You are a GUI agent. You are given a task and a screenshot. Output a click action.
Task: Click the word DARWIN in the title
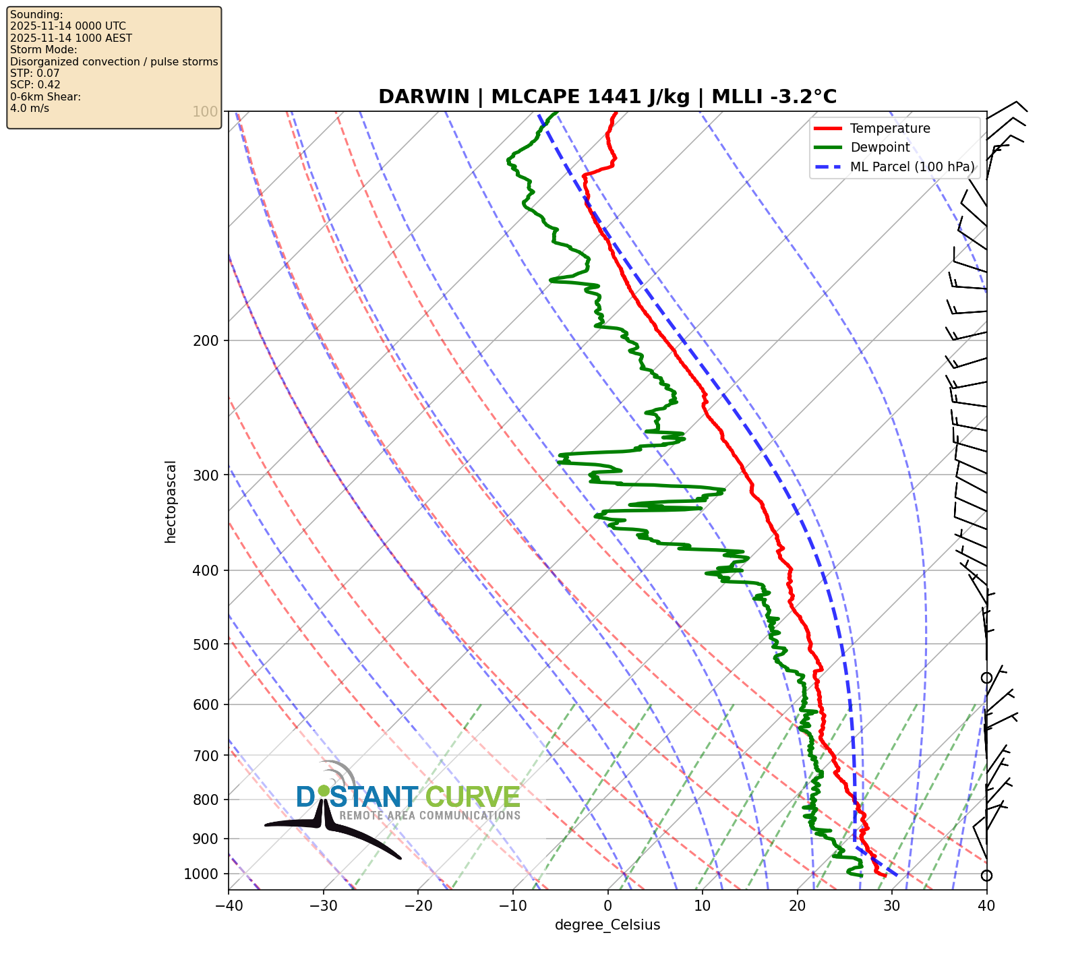pyautogui.click(x=423, y=97)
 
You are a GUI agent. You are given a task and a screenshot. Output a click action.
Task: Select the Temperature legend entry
pyautogui.click(x=890, y=129)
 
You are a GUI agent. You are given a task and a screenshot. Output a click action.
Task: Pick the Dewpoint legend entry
pyautogui.click(x=880, y=148)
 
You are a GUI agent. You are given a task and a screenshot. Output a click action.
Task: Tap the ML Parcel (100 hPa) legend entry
pyautogui.click(x=912, y=167)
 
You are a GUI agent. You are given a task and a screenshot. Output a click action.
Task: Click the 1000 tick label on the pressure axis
pyautogui.click(x=201, y=874)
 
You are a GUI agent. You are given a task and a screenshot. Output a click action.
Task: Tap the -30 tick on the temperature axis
pyautogui.click(x=323, y=905)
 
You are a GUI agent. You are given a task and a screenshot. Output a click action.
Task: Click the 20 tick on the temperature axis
pyautogui.click(x=797, y=905)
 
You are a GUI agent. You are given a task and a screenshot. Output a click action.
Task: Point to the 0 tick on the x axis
pyautogui.click(x=607, y=905)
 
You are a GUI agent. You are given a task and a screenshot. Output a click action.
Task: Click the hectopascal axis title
pyautogui.click(x=171, y=502)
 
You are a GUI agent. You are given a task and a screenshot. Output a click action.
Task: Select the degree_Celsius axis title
pyautogui.click(x=607, y=925)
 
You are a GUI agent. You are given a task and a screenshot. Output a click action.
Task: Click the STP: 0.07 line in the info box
pyautogui.click(x=35, y=73)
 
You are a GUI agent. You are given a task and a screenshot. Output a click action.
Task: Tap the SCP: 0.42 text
pyautogui.click(x=35, y=85)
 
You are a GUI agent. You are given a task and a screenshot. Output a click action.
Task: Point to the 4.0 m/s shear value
pyautogui.click(x=30, y=109)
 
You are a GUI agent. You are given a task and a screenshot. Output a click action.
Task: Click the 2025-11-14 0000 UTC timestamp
pyautogui.click(x=68, y=26)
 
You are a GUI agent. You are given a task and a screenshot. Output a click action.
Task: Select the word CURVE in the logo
pyautogui.click(x=473, y=798)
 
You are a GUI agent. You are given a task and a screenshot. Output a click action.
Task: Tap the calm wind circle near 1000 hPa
pyautogui.click(x=986, y=876)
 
